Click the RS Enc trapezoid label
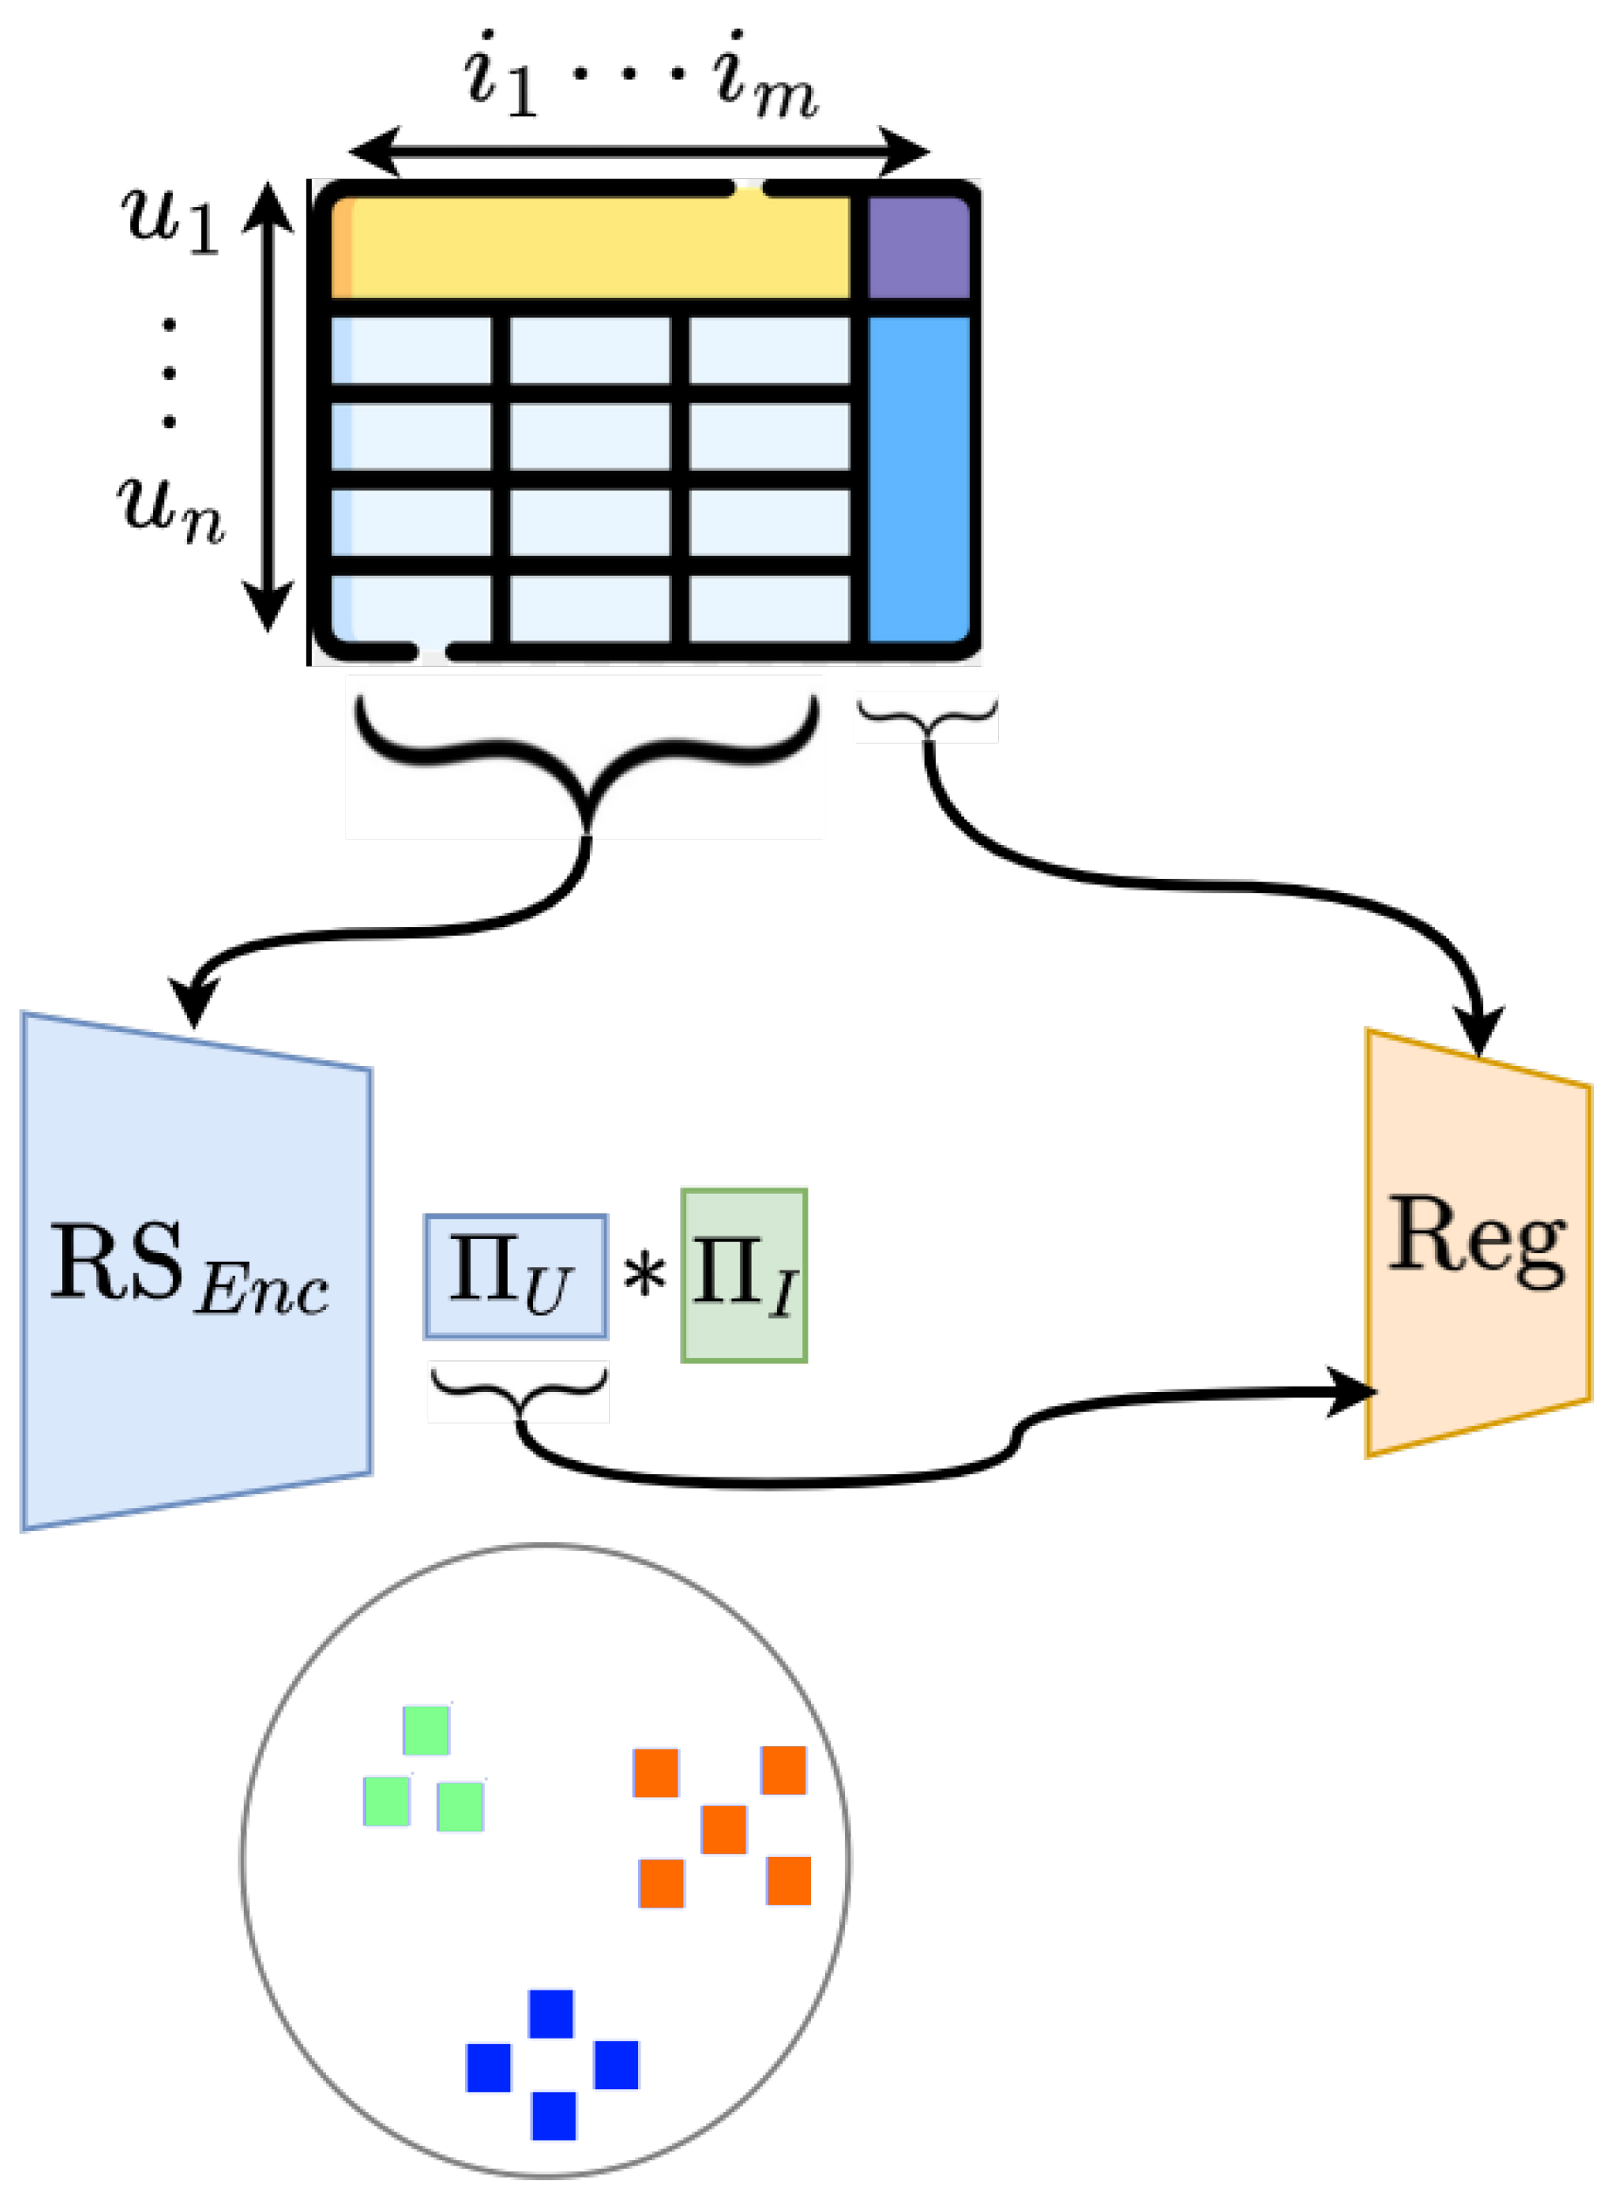(x=189, y=1267)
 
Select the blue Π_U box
(x=516, y=1277)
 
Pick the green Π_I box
(x=744, y=1276)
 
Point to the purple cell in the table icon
(x=918, y=247)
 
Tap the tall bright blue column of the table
(x=918, y=479)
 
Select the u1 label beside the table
(x=170, y=219)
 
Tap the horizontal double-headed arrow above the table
(x=638, y=151)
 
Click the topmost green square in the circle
(x=426, y=1730)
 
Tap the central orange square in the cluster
(x=724, y=1830)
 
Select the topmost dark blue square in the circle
(x=551, y=2013)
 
